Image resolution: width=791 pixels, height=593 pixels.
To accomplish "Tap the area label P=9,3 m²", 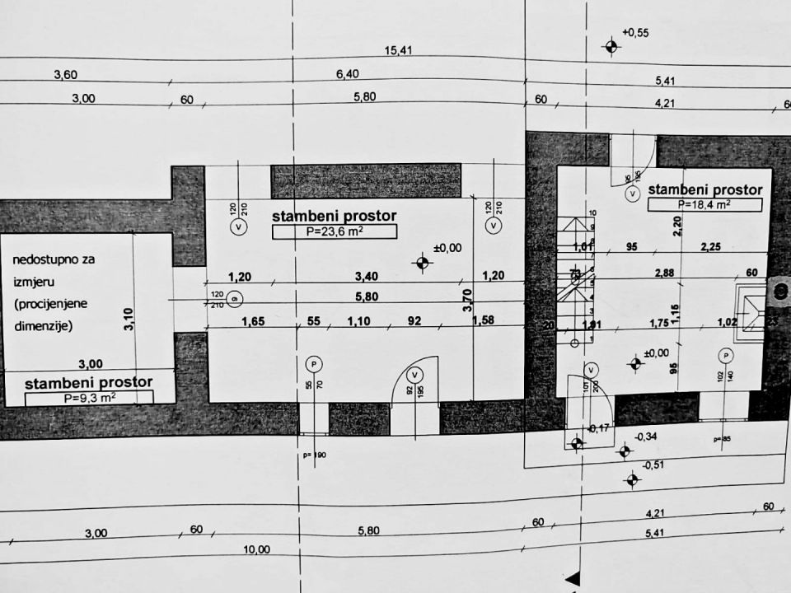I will (88, 398).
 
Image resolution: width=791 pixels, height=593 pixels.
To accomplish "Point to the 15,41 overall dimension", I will (398, 51).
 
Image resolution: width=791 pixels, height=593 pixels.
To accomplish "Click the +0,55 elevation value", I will (636, 33).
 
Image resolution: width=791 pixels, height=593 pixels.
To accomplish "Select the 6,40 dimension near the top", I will (348, 74).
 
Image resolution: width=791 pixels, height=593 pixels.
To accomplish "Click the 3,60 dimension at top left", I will (65, 75).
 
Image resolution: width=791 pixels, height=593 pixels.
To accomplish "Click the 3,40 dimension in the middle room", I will (366, 277).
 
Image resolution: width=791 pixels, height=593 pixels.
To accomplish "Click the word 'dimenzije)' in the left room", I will (43, 325).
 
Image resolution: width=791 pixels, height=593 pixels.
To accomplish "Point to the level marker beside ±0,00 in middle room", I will (424, 264).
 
